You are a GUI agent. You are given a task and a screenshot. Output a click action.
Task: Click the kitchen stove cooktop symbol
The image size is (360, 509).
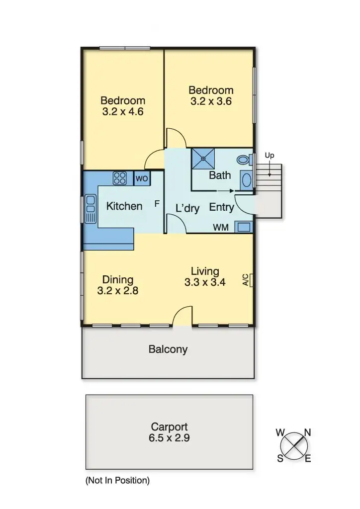click(120, 178)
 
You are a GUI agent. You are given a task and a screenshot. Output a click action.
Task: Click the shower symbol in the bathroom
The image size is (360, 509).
click(202, 159)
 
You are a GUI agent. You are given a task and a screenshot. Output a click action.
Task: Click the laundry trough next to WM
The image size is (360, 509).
click(243, 227)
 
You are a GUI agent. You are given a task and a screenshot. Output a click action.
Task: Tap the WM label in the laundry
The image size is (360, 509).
click(221, 228)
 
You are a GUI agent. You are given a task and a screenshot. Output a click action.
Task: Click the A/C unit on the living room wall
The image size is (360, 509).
click(247, 280)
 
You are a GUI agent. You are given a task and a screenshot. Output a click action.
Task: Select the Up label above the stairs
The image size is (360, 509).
click(270, 156)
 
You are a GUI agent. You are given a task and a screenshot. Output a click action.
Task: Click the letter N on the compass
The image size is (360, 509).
click(307, 433)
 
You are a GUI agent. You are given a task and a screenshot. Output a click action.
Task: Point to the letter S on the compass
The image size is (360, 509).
click(280, 459)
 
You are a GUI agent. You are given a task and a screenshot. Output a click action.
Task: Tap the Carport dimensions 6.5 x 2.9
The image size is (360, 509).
click(169, 438)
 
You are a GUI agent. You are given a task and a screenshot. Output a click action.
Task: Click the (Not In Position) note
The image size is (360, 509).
click(117, 481)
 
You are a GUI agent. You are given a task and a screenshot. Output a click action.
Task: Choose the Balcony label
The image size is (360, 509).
click(168, 349)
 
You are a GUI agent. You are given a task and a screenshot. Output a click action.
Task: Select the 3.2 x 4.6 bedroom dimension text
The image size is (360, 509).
click(123, 112)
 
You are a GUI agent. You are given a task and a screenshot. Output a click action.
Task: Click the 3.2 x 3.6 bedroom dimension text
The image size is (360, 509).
click(211, 101)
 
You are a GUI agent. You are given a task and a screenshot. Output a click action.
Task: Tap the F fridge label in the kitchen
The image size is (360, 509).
click(157, 204)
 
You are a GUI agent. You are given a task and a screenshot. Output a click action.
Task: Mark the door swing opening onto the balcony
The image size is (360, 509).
click(182, 316)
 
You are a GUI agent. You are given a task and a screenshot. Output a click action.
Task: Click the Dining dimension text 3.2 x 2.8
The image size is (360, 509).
click(117, 291)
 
